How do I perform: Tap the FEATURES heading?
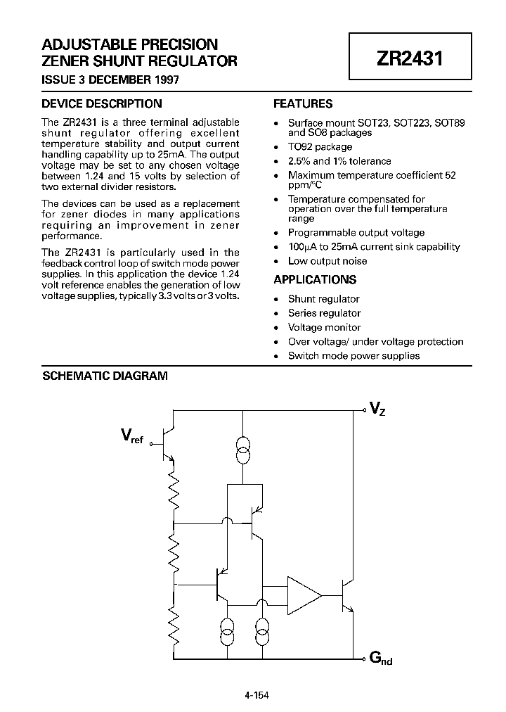[x=303, y=103]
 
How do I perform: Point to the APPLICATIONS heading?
[x=315, y=279]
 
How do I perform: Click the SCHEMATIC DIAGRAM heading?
[x=105, y=376]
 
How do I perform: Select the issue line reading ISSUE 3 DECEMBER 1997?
[x=110, y=80]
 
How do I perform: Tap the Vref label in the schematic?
[x=131, y=438]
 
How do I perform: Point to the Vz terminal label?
[x=377, y=409]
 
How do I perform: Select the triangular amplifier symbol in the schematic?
[x=302, y=595]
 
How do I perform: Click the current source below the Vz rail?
[x=242, y=450]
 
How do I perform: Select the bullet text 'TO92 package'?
[x=320, y=147]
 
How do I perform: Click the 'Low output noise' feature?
[x=327, y=261]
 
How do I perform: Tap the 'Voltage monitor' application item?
[x=324, y=327]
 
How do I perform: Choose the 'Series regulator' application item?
[x=324, y=313]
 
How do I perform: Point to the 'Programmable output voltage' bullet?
[x=356, y=232]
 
